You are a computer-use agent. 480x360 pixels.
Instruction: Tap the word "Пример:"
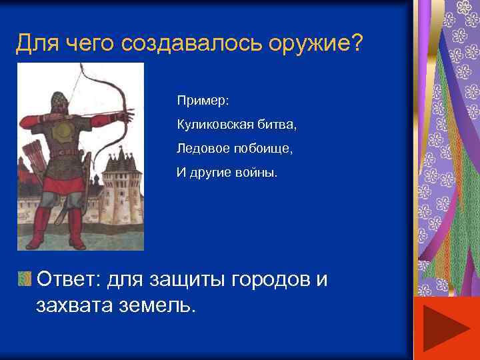pos(203,101)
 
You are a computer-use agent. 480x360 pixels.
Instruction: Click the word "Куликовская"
pos(211,125)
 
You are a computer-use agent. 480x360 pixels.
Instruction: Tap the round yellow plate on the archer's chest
pos(65,129)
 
